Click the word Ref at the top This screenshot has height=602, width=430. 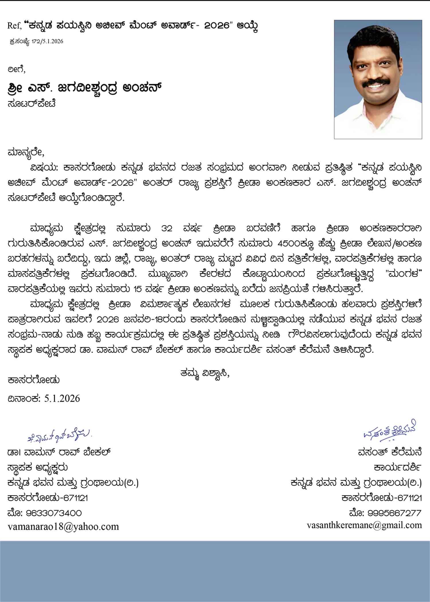14,26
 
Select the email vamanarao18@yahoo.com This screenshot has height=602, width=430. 63,526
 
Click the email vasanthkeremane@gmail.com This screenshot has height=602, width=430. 364,525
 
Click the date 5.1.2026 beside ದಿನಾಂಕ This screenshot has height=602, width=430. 62,398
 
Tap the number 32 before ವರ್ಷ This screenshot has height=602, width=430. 167,228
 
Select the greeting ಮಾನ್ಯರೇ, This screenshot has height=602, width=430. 26,152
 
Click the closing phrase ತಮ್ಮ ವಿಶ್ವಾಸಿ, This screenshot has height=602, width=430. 205,374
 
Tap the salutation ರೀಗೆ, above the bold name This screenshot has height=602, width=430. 17,69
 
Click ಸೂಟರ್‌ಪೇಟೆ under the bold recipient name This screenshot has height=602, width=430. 32,103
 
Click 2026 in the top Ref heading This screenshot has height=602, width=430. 218,26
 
